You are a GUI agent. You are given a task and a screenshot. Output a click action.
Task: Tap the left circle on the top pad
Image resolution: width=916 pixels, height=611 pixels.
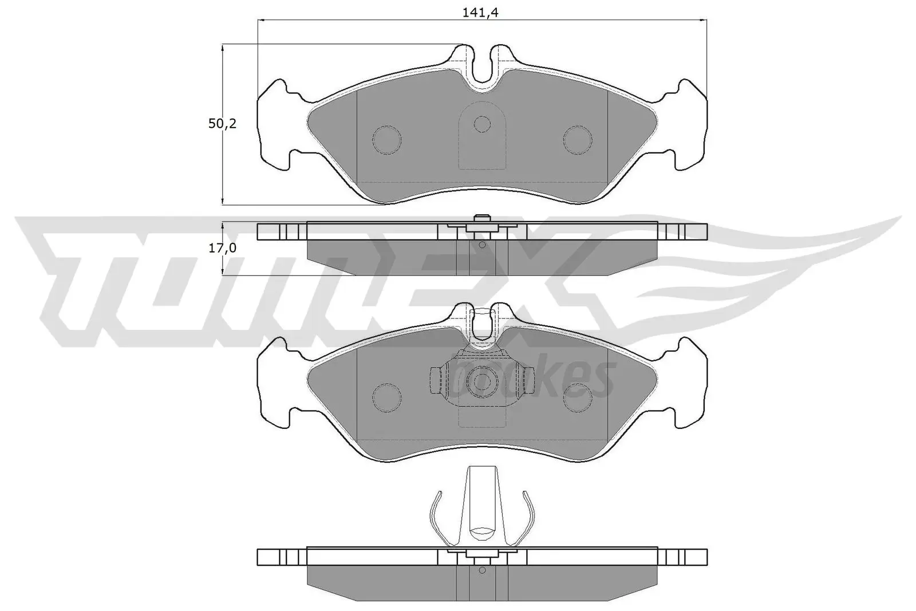pos(386,139)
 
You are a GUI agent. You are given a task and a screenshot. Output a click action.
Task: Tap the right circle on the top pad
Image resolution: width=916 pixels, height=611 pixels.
pos(577,139)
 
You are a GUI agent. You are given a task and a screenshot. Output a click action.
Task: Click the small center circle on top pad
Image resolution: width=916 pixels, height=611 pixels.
pos(483,124)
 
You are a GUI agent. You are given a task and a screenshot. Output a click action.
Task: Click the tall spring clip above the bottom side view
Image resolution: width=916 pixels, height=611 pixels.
pos(481,504)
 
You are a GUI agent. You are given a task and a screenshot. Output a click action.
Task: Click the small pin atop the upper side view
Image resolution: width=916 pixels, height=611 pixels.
pos(482,219)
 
